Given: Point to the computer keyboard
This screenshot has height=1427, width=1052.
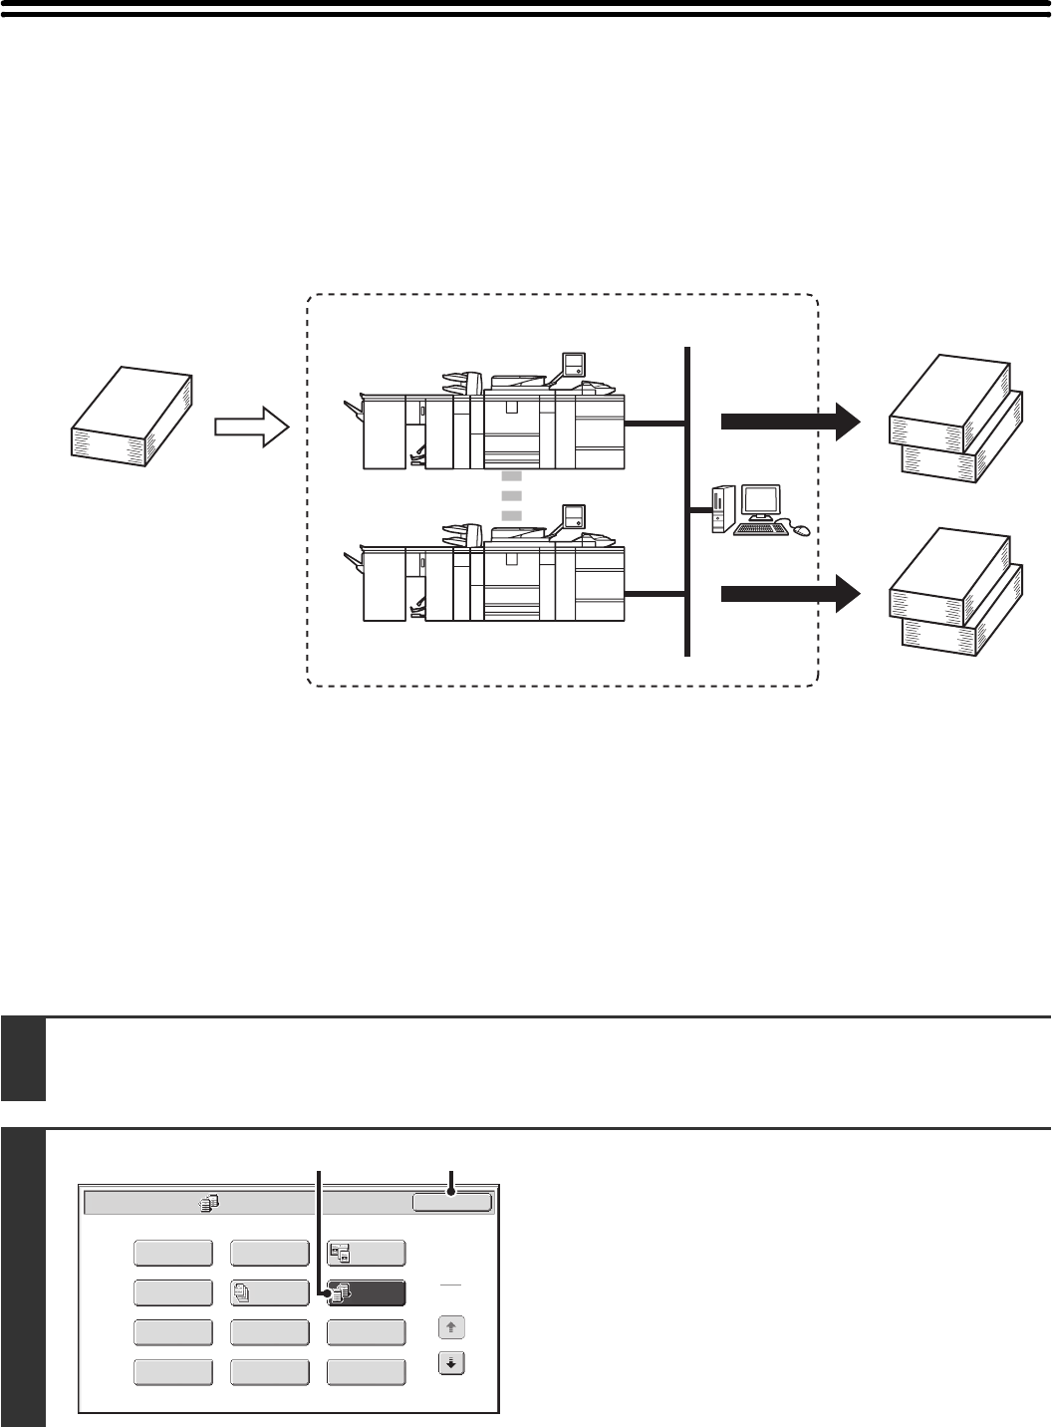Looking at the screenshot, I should pos(760,530).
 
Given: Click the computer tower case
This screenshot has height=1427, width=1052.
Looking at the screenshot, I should pos(722,509).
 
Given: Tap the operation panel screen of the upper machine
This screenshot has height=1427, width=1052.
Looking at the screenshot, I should pos(573,365).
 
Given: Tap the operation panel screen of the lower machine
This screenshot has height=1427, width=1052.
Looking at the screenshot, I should pos(573,516).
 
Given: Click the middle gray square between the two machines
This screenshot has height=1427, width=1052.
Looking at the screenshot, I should pos(511,494).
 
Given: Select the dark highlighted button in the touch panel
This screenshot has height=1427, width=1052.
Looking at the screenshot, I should pos(367,1292).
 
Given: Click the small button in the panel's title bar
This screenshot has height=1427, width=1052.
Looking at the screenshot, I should pos(452,1203).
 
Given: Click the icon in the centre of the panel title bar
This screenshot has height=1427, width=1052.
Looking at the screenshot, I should pos(208,1203).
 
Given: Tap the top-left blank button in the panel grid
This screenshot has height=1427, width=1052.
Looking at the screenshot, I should pos(172,1253).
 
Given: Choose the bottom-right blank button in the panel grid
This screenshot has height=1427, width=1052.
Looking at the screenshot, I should pos(367,1372).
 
